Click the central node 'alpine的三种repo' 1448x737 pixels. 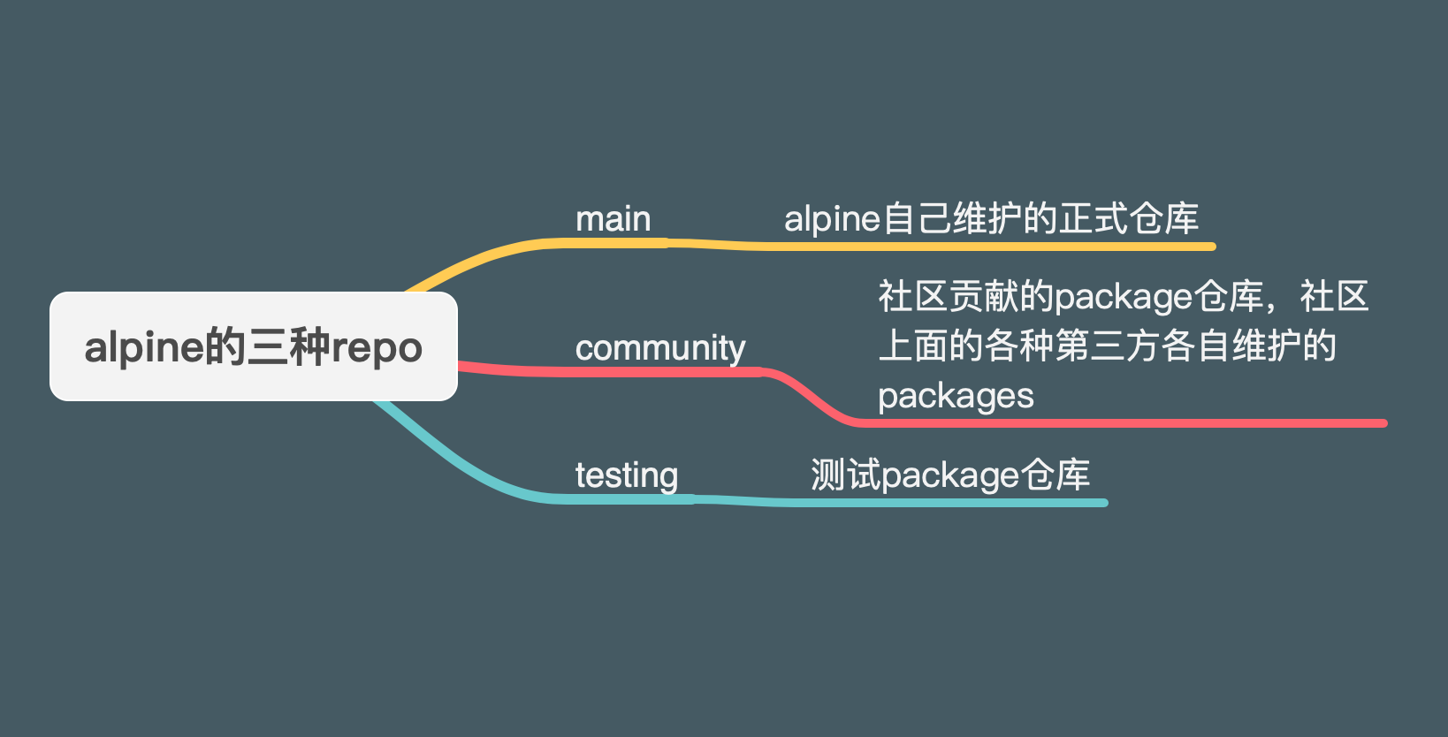click(x=254, y=346)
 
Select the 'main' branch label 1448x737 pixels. click(x=613, y=219)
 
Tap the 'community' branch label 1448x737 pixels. click(x=660, y=348)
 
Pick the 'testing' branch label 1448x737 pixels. click(x=627, y=475)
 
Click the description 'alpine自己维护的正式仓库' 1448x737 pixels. click(x=991, y=219)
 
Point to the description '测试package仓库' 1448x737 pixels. click(x=950, y=475)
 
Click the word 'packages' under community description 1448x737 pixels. click(x=956, y=396)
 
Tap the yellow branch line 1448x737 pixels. click(x=972, y=247)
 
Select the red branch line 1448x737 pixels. click(x=1105, y=423)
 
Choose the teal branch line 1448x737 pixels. click(x=884, y=502)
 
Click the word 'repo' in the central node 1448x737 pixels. click(x=377, y=348)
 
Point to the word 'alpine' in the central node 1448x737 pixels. click(x=144, y=348)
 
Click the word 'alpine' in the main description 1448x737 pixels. click(x=832, y=219)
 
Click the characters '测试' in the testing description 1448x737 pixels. click(x=845, y=475)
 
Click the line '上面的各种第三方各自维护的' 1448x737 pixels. click(x=1107, y=346)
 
